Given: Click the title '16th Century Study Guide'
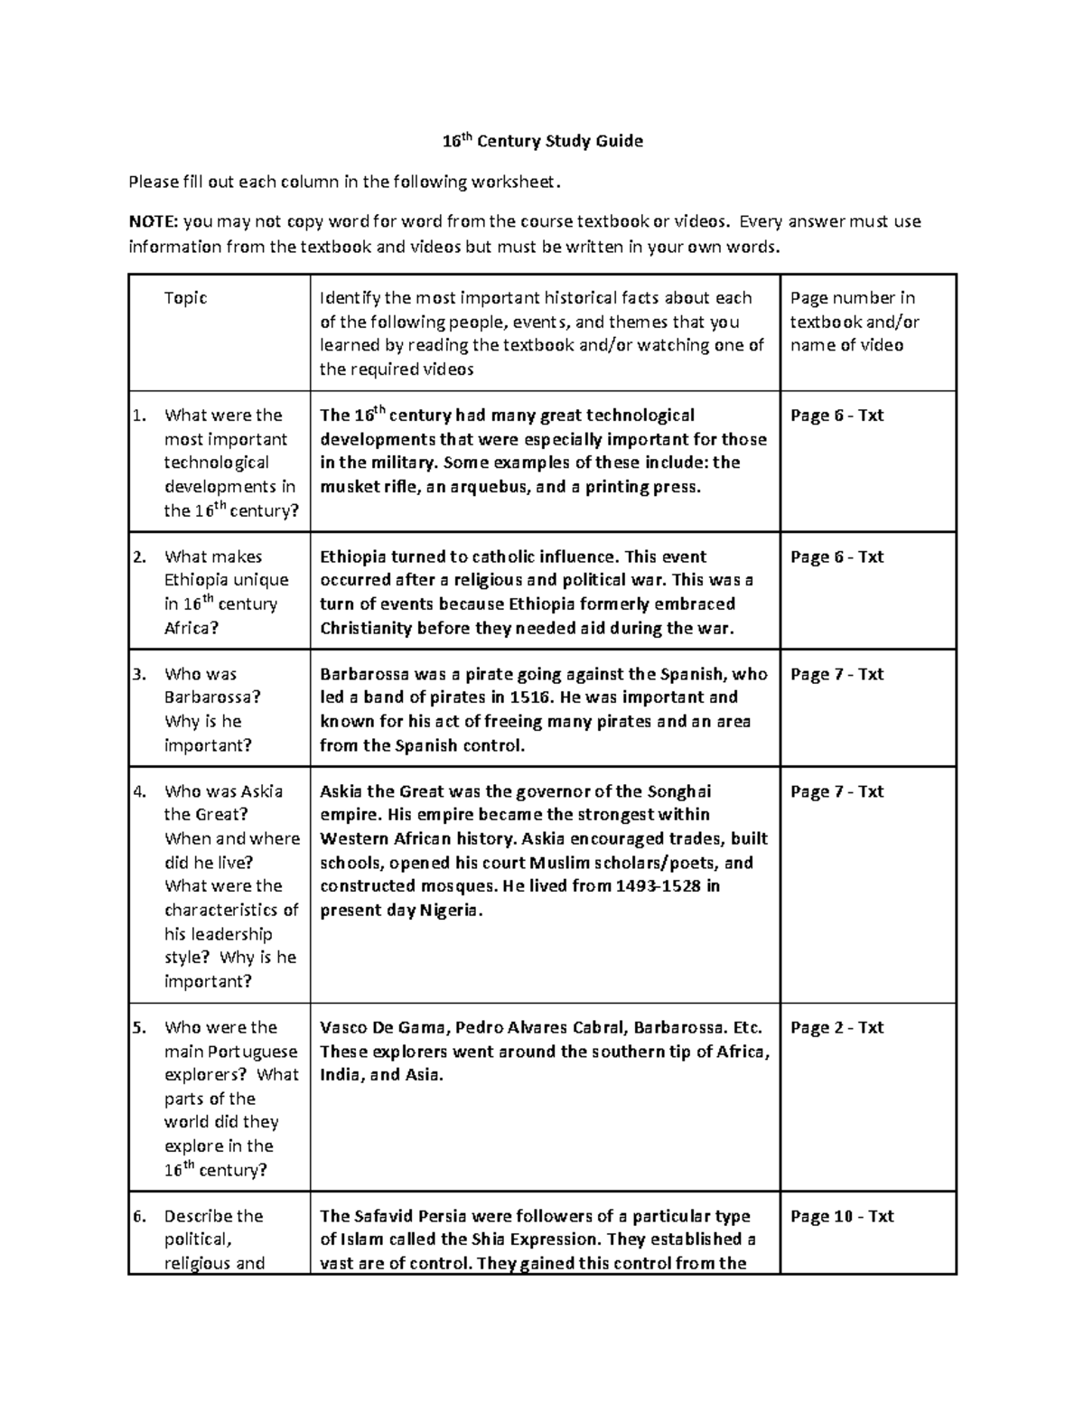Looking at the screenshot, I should [x=542, y=141].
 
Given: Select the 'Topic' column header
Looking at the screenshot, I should [x=185, y=298].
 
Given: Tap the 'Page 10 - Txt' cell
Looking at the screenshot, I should [x=841, y=1216].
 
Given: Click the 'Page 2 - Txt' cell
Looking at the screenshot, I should [x=836, y=1027].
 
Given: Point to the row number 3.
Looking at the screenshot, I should [x=138, y=674].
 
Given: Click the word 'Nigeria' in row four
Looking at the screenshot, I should [x=449, y=910].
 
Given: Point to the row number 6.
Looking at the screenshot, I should [x=138, y=1216].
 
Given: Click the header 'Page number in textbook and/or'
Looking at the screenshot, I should [x=854, y=310].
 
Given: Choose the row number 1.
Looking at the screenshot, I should [x=138, y=416].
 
